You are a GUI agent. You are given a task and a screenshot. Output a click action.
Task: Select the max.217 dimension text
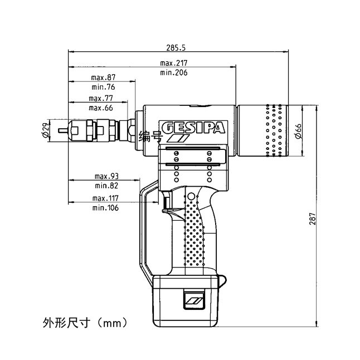click(x=173, y=63)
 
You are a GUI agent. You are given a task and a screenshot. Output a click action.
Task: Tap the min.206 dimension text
click(x=173, y=73)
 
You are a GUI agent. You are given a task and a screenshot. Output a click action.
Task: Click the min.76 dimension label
click(x=103, y=87)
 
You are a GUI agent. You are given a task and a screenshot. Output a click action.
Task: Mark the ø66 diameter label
click(x=299, y=131)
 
